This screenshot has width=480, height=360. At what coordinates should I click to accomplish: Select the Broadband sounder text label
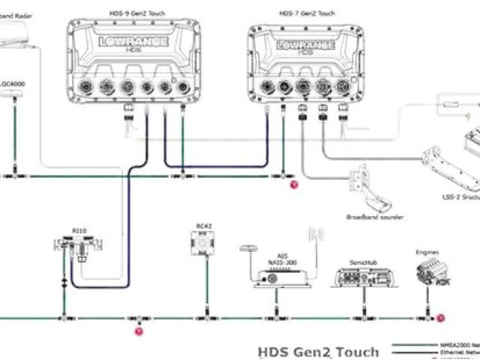tap(375, 217)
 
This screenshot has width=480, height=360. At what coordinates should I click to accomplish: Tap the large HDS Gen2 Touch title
tap(316, 350)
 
